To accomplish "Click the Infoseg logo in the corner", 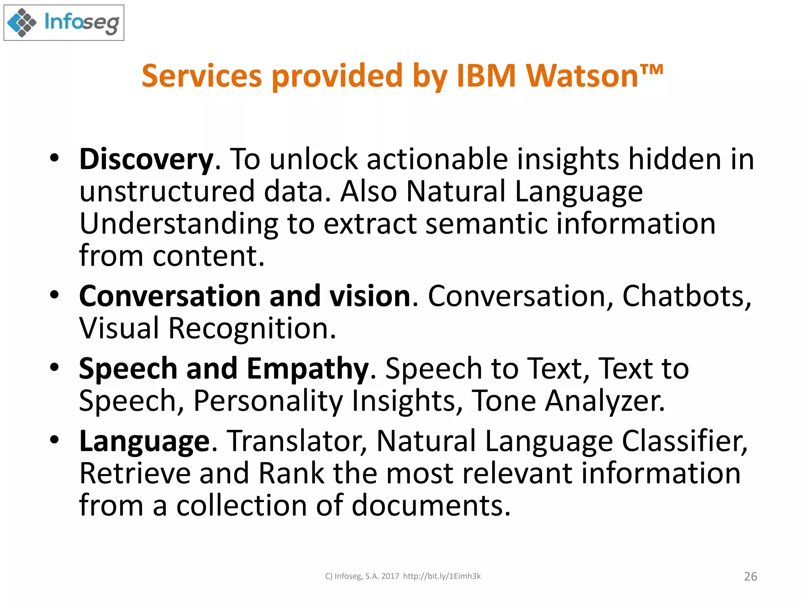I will click(64, 23).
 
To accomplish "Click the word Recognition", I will click(252, 328).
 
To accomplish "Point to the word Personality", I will click(268, 401).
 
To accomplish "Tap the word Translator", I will click(297, 441).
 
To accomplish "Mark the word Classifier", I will click(684, 441).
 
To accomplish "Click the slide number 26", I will click(751, 576).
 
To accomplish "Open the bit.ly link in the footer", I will click(442, 576).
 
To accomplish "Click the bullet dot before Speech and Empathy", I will click(54, 368).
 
